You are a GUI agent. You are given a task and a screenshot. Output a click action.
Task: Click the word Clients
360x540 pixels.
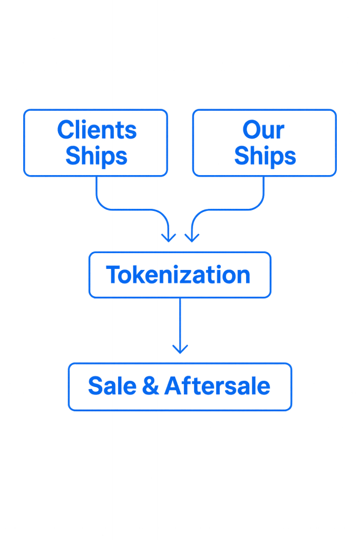pos(96,130)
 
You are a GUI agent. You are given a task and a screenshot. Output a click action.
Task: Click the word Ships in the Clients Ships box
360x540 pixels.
pos(96,156)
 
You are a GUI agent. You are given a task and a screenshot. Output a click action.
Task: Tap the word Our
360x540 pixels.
pos(264,130)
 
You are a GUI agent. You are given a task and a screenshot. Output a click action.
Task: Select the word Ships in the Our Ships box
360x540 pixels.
pos(265,156)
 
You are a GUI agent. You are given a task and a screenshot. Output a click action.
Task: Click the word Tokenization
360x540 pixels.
pos(178,275)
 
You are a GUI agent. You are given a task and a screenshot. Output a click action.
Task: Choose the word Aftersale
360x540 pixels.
pos(217,386)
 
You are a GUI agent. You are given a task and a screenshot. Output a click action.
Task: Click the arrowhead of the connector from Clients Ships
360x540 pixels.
pos(169,237)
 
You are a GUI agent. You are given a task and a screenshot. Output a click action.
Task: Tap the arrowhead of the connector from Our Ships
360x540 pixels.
pos(191,237)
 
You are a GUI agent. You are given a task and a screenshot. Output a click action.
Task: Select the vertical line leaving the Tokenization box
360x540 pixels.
pos(180,322)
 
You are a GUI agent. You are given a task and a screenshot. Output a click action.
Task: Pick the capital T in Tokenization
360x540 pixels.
pos(113,275)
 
